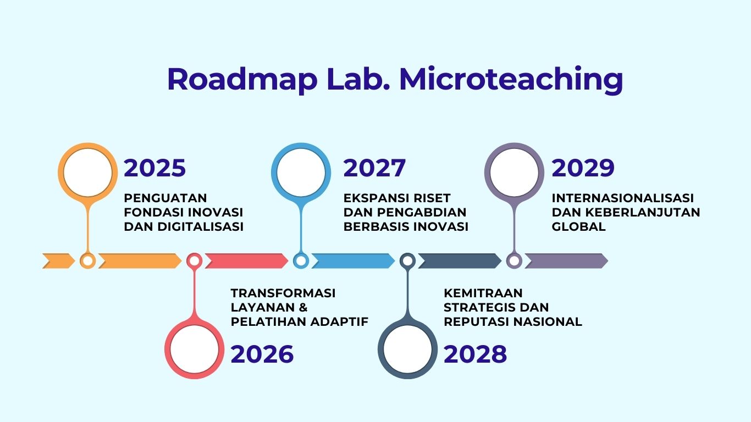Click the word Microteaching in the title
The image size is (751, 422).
(x=511, y=80)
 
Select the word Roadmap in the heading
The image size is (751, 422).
(x=242, y=80)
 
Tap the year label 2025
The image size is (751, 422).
(x=154, y=168)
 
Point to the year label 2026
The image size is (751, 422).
(x=262, y=354)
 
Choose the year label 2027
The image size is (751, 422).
(x=374, y=168)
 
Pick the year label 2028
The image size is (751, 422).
(x=475, y=354)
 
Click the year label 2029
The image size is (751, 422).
(x=583, y=168)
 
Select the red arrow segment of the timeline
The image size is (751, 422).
(x=246, y=261)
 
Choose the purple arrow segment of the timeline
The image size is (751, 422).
(x=566, y=261)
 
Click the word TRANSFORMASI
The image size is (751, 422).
(x=283, y=293)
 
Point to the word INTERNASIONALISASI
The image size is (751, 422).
(x=622, y=198)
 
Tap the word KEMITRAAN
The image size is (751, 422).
(x=483, y=293)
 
